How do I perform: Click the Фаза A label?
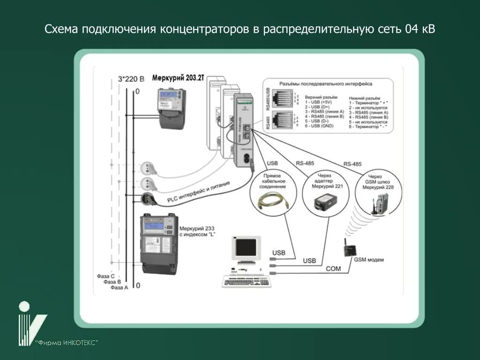click(120, 287)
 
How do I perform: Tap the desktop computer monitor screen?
click(246, 247)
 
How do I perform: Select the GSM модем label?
click(369, 260)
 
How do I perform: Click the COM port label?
click(333, 269)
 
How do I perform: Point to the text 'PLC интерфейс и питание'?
click(198, 193)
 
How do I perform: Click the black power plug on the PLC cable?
click(147, 198)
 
